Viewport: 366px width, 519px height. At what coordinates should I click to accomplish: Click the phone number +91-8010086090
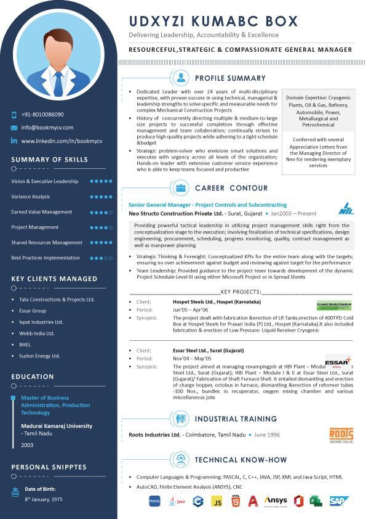(x=42, y=115)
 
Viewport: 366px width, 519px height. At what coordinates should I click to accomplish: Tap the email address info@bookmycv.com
(x=47, y=128)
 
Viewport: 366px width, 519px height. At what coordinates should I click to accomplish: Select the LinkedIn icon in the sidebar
(x=14, y=141)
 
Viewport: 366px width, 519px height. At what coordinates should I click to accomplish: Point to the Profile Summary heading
(x=230, y=78)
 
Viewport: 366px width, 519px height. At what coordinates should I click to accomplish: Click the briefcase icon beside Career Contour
(x=181, y=188)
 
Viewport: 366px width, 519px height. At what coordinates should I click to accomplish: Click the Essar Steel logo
(x=337, y=362)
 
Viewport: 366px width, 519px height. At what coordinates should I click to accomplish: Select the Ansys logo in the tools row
(x=276, y=501)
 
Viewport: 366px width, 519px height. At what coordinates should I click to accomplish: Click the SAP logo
(x=339, y=501)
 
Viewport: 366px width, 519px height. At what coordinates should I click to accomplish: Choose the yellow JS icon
(x=217, y=501)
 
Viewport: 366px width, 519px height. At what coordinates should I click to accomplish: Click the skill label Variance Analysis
(x=31, y=197)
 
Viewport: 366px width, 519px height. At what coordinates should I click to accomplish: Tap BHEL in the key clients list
(x=25, y=345)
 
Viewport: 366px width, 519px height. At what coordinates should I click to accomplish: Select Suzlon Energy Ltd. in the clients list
(x=39, y=356)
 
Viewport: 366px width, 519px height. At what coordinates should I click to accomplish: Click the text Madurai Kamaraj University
(x=57, y=426)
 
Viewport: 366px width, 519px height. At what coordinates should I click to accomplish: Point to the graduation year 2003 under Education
(x=27, y=444)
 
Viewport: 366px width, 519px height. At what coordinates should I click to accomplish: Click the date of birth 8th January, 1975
(x=44, y=499)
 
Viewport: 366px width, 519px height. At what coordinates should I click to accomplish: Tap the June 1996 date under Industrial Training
(x=266, y=435)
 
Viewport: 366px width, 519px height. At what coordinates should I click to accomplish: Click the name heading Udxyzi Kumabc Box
(x=213, y=21)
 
